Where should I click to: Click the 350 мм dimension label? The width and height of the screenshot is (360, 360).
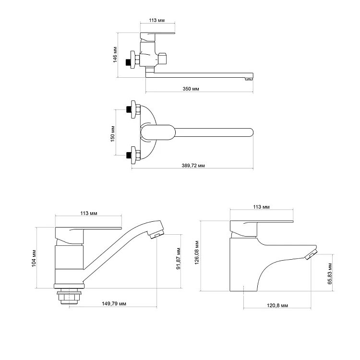click(191, 89)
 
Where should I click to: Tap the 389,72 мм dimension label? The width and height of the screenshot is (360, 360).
click(193, 165)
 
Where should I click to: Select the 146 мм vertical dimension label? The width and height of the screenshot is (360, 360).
click(115, 55)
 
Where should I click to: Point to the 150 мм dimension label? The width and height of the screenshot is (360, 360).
click(112, 133)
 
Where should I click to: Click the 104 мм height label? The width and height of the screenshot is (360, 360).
click(34, 258)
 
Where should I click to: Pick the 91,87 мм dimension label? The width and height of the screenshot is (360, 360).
click(178, 259)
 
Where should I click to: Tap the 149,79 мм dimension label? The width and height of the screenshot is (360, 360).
click(114, 303)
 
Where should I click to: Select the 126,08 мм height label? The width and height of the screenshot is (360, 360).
click(197, 252)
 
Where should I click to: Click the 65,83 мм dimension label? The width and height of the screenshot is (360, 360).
click(330, 274)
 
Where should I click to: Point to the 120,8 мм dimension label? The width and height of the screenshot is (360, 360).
click(277, 305)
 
